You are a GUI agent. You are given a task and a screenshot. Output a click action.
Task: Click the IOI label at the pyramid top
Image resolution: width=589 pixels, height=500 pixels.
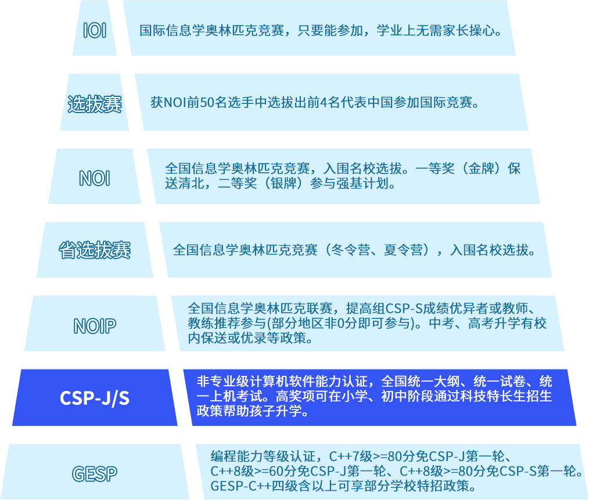pos(95,30)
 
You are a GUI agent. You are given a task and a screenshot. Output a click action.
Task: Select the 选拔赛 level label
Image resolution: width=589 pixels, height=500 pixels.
pos(95,104)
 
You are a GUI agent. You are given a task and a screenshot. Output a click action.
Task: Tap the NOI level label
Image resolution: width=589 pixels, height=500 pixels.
pos(95,178)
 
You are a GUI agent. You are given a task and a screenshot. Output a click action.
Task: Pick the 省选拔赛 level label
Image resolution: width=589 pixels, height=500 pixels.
pos(95,251)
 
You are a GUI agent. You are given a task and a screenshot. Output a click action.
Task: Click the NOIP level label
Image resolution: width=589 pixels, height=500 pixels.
pos(95,326)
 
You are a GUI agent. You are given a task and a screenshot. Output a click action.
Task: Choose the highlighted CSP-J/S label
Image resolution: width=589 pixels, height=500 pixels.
pos(95,398)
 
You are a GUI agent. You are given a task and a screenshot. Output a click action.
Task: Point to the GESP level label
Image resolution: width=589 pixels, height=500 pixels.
pos(95,473)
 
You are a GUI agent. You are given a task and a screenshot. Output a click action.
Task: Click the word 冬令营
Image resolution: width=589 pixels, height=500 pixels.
pos(349,251)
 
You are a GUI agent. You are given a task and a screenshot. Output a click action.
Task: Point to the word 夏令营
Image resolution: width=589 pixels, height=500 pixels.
pos(405,251)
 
